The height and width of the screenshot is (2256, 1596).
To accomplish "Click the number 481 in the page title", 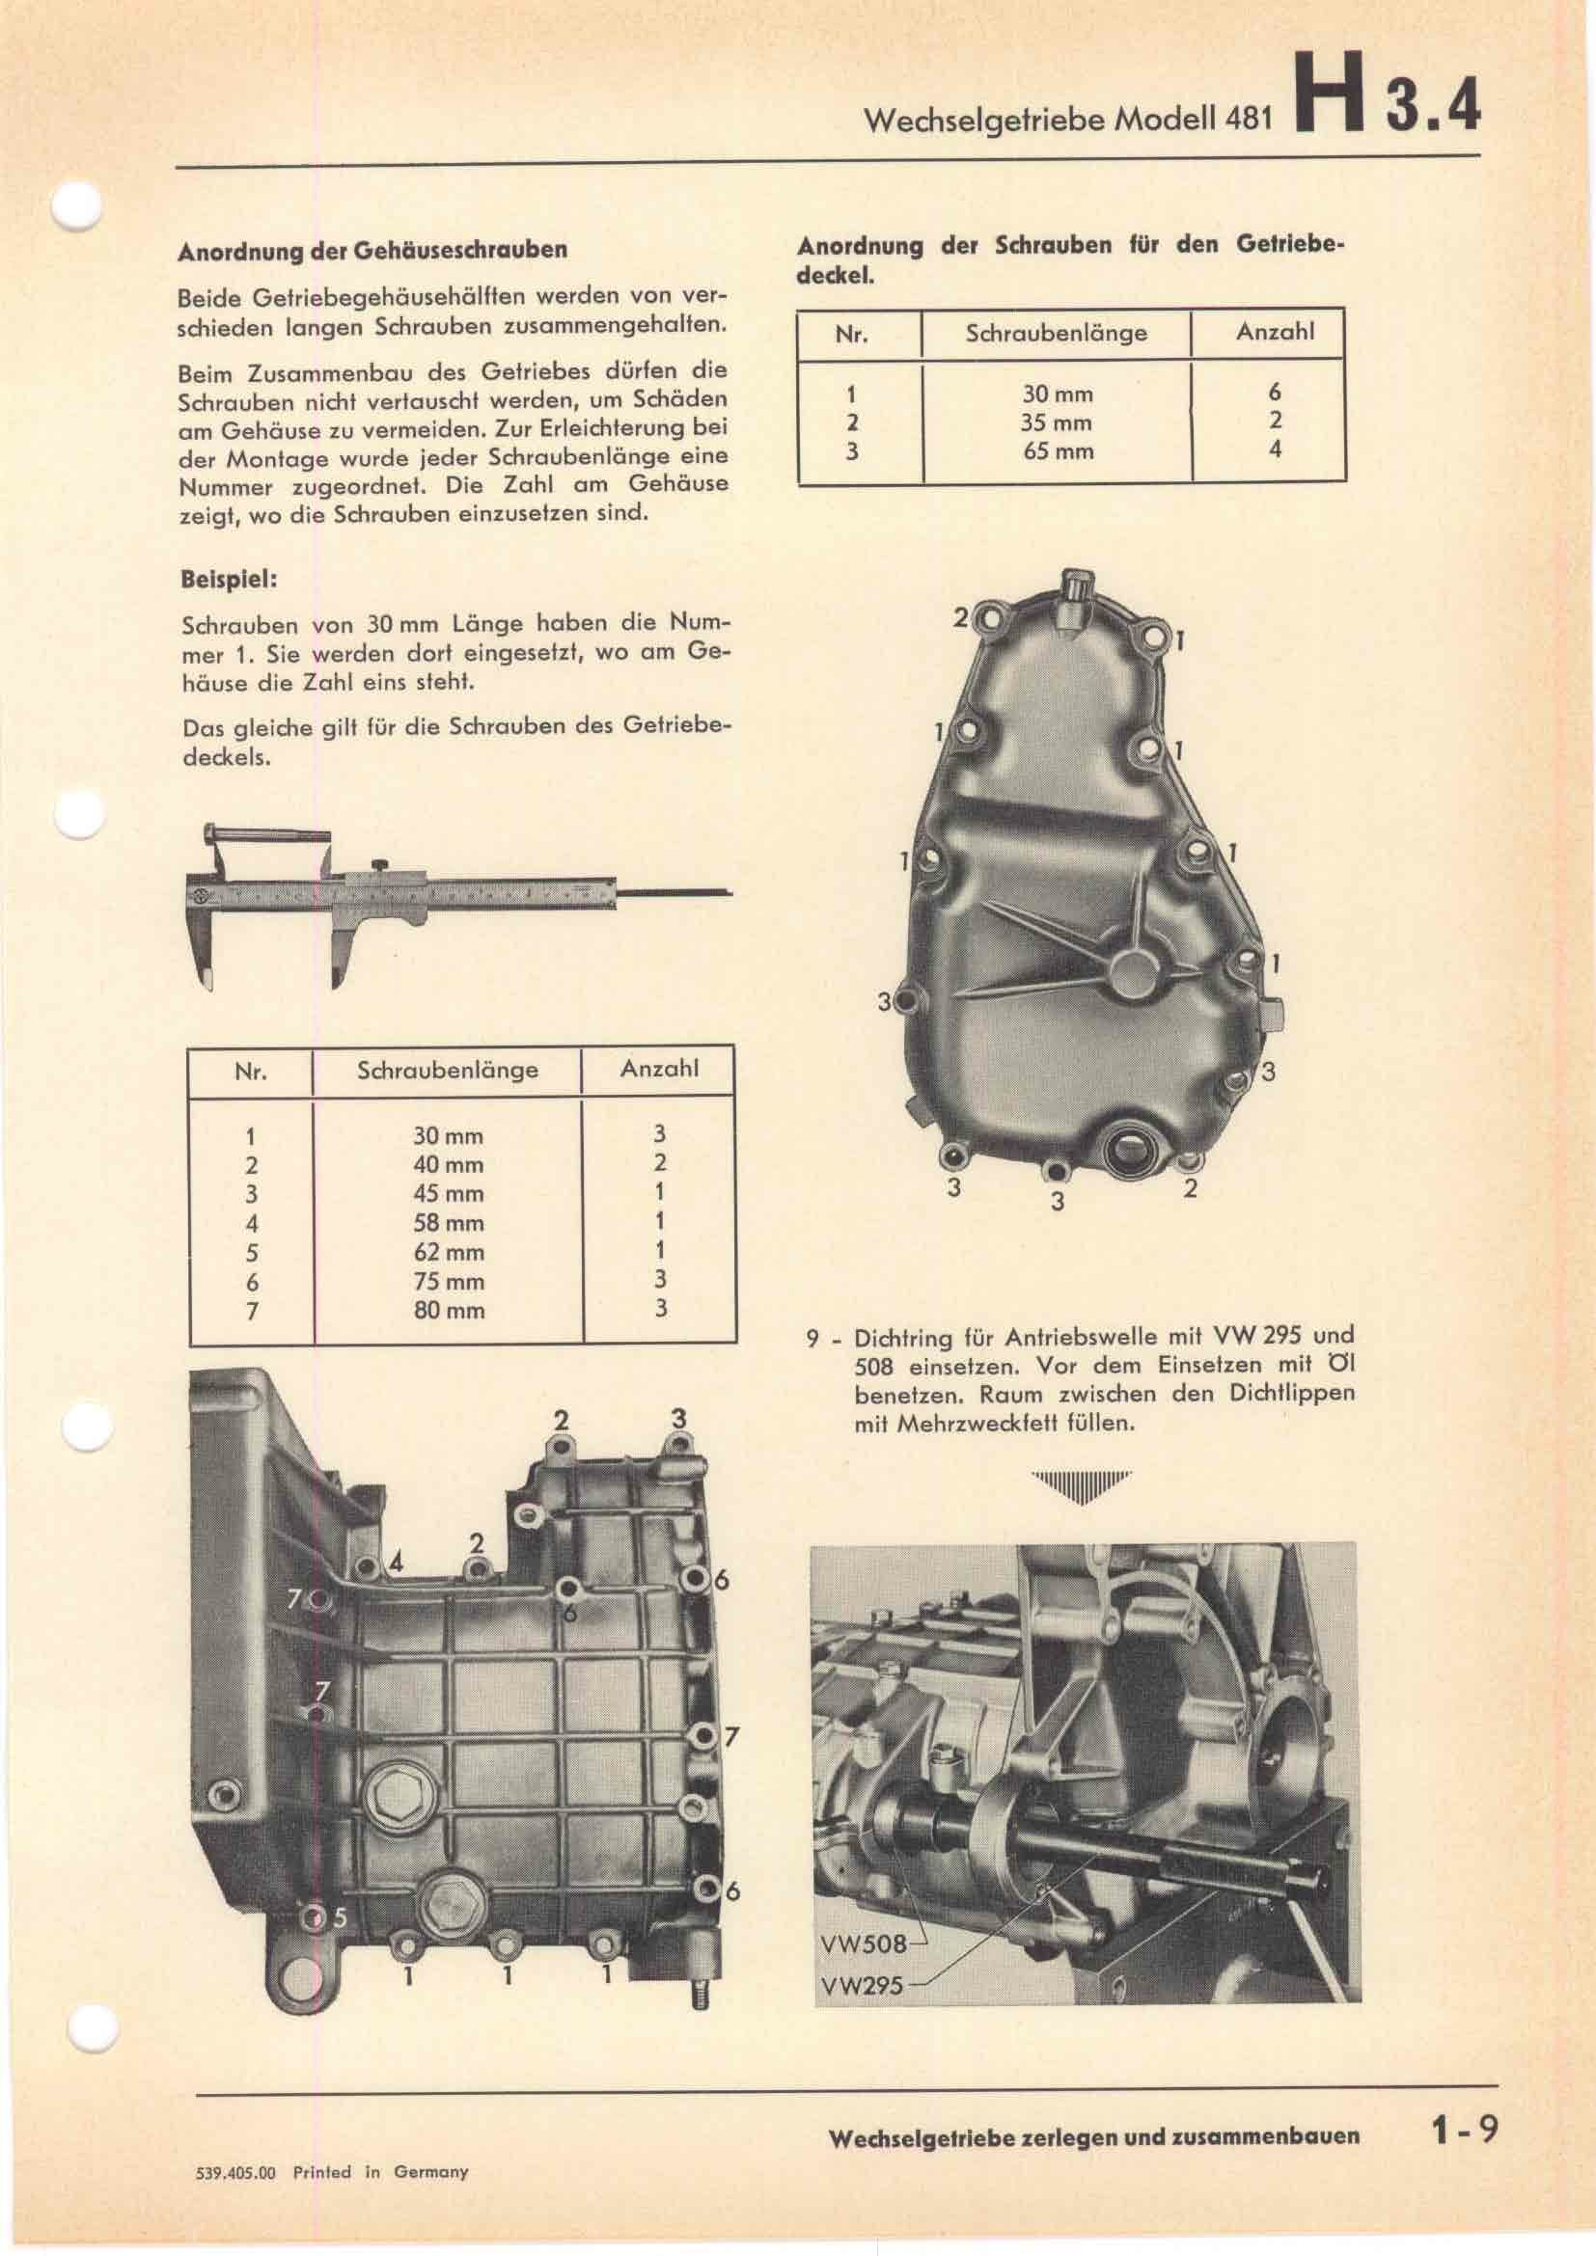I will pyautogui.click(x=1247, y=119).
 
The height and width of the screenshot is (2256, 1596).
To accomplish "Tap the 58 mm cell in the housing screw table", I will pyautogui.click(x=448, y=1223).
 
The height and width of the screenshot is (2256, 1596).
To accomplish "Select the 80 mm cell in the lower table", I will pyautogui.click(x=448, y=1310).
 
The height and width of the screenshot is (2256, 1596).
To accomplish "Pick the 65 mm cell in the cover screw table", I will pyautogui.click(x=1057, y=452).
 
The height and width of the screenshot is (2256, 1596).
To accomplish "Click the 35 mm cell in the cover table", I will pyautogui.click(x=1057, y=423).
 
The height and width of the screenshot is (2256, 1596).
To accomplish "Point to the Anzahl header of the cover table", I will pyautogui.click(x=1275, y=331).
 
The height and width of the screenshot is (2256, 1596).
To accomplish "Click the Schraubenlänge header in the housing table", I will pyautogui.click(x=447, y=1069).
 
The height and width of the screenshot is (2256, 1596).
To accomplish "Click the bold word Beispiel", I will pyautogui.click(x=228, y=579).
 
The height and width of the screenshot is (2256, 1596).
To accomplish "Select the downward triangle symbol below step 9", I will pyautogui.click(x=1081, y=1487).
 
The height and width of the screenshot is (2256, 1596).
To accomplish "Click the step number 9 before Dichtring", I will pyautogui.click(x=812, y=1339).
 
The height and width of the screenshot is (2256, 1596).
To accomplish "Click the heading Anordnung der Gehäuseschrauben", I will pyautogui.click(x=372, y=250).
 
